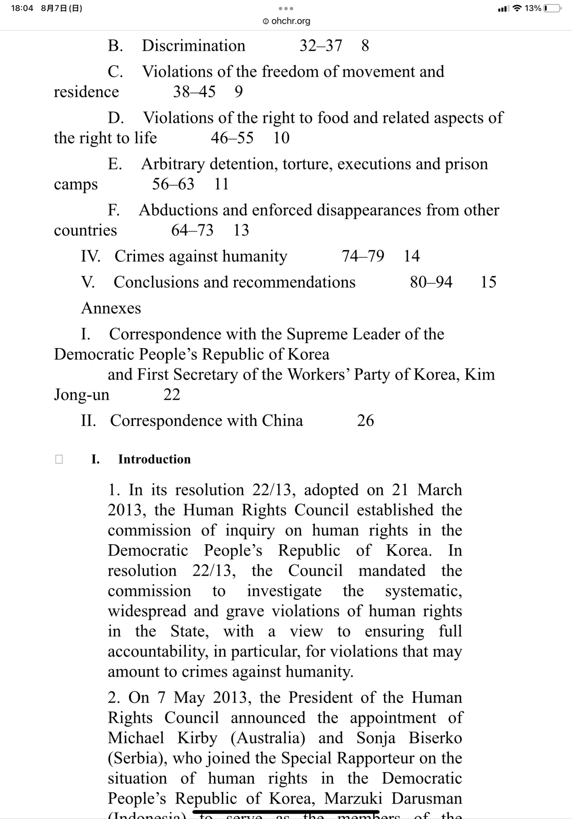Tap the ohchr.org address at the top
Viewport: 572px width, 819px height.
point(287,21)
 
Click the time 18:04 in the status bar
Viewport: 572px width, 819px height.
point(22,8)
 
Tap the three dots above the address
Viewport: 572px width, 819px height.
point(286,9)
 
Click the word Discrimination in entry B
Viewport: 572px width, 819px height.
point(193,45)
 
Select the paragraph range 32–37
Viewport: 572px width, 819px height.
point(321,45)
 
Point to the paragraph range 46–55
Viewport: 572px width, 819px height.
point(232,138)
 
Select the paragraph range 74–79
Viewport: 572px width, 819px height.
point(363,256)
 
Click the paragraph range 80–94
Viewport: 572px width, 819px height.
point(431,282)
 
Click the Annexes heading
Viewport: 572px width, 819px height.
point(111,308)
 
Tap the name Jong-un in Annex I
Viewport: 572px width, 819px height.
point(81,395)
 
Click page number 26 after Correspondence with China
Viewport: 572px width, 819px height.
point(365,421)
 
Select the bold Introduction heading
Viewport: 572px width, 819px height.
point(154,459)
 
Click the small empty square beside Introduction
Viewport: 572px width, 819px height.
point(59,459)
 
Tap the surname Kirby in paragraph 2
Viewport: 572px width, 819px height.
point(197,738)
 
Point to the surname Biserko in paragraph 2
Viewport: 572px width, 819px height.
point(435,738)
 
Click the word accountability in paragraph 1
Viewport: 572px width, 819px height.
point(157,652)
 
